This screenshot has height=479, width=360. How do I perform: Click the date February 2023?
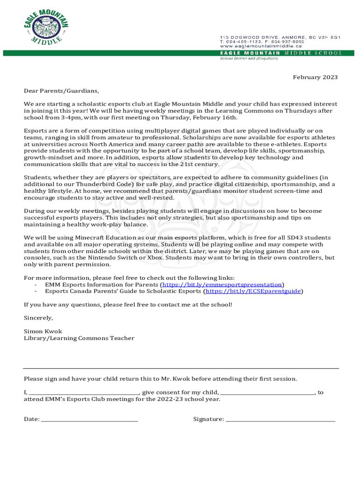point(315,77)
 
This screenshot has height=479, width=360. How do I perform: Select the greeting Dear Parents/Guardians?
point(61,91)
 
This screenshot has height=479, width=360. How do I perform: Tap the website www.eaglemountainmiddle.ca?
point(261,46)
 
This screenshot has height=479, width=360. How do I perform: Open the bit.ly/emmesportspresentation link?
point(222,284)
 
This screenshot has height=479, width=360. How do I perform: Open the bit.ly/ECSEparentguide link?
point(253,291)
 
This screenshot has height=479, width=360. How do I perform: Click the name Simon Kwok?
point(43,331)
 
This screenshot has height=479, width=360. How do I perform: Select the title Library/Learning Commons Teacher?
point(79,338)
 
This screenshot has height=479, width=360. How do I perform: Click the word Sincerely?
point(38,318)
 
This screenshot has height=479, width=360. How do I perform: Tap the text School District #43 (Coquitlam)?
point(249,58)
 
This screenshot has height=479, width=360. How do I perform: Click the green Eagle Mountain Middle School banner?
point(281,53)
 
